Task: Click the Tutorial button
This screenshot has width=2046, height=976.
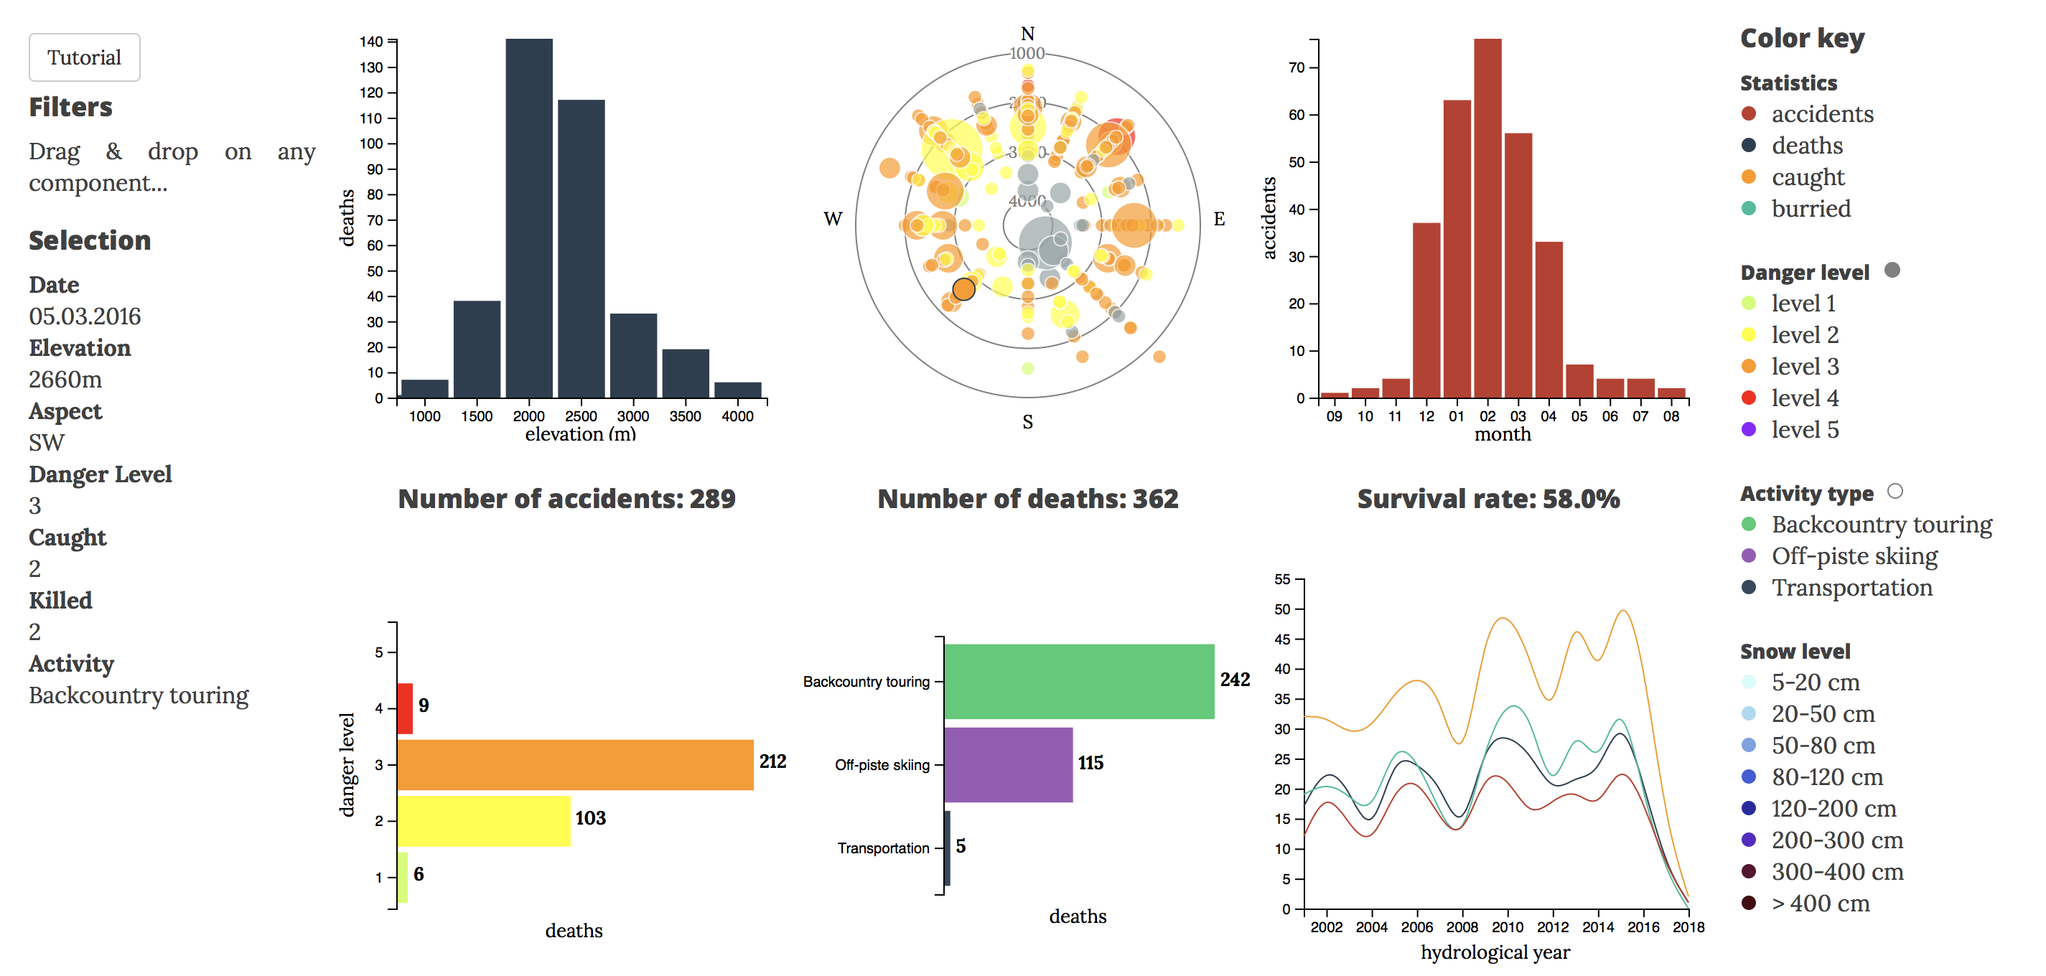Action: click(x=84, y=57)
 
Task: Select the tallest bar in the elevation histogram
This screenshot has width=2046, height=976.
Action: click(x=529, y=218)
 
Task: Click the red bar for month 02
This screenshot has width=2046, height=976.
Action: click(x=1487, y=218)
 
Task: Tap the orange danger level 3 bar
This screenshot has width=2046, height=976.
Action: click(x=575, y=765)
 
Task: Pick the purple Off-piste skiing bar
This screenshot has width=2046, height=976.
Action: click(x=1008, y=765)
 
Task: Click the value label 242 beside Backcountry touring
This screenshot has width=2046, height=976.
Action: click(x=1234, y=680)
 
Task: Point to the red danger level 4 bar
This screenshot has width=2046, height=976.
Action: click(x=405, y=708)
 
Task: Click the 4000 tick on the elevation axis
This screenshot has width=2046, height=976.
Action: click(x=737, y=416)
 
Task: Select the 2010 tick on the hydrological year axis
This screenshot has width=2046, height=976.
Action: click(x=1507, y=926)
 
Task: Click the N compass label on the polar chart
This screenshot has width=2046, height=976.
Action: click(x=1027, y=33)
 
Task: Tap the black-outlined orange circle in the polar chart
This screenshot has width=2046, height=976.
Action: click(x=963, y=289)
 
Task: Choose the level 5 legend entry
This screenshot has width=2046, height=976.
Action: click(x=1804, y=430)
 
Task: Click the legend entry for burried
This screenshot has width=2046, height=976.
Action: click(x=1810, y=209)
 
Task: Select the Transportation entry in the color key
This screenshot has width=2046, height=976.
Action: click(x=1851, y=588)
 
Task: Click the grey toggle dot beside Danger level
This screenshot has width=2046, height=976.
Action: click(x=1892, y=270)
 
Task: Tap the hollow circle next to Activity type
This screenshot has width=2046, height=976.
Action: click(x=1895, y=491)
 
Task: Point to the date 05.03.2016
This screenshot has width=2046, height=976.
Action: click(x=85, y=316)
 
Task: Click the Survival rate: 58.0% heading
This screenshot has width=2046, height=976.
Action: click(x=1487, y=499)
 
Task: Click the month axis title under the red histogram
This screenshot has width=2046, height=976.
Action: click(x=1502, y=434)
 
